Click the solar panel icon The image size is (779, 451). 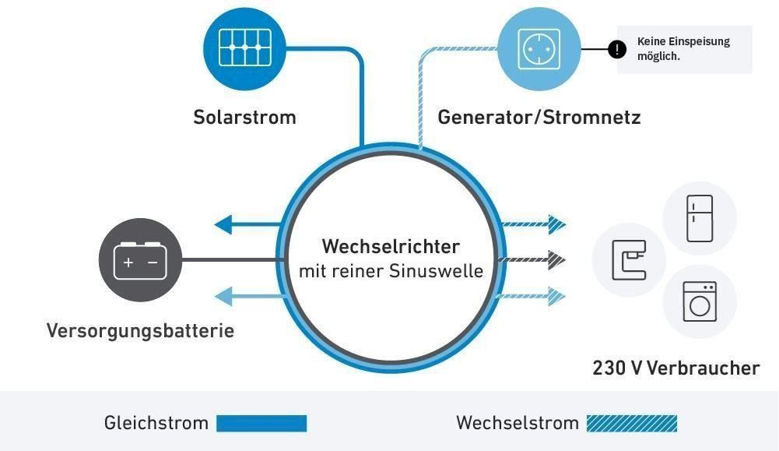(245, 48)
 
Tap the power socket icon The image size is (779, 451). (539, 48)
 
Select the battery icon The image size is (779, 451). (141, 260)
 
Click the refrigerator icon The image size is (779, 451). (699, 219)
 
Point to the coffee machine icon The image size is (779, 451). (629, 260)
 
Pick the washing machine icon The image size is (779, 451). (699, 301)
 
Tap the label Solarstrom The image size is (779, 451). (244, 118)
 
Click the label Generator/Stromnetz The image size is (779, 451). (539, 118)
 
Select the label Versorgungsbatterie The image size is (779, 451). (140, 330)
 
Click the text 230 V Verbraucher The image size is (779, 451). (675, 368)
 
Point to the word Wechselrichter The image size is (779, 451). (391, 247)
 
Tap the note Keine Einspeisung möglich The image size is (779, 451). (683, 49)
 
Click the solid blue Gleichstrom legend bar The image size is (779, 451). (261, 424)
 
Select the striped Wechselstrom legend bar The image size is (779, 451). (632, 424)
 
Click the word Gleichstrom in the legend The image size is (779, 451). (156, 424)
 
